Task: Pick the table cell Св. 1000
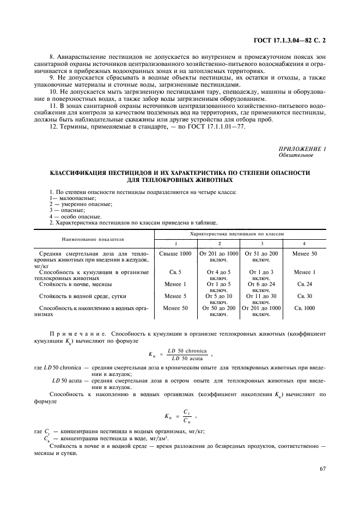pyautogui.click(x=304, y=308)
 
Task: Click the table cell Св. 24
pyautogui.click(x=304, y=284)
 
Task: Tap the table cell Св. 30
pyautogui.click(x=304, y=296)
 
